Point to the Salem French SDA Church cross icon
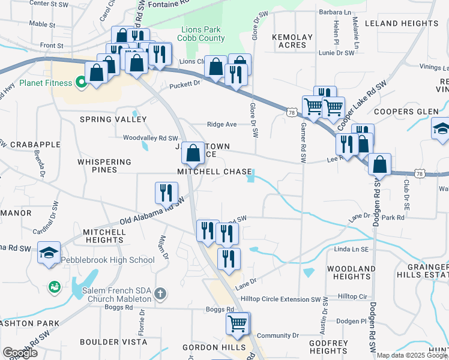(x=160, y=294)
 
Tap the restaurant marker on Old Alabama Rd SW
(x=165, y=193)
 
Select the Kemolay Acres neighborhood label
(x=292, y=41)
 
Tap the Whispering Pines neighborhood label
(x=104, y=166)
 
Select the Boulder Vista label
(x=118, y=341)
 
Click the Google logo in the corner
(x=20, y=352)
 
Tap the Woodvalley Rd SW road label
(x=151, y=138)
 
